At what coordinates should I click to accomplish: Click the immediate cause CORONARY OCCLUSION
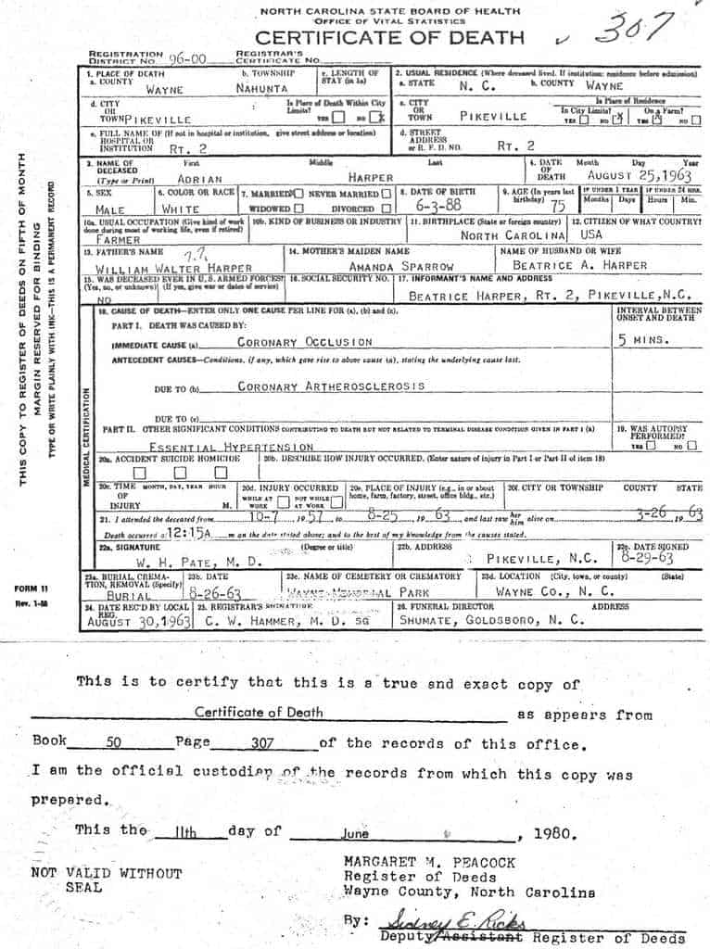tap(305, 342)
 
